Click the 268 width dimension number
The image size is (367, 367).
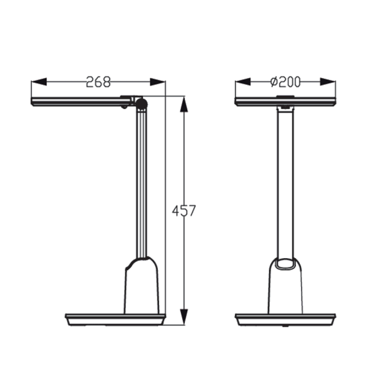[x=98, y=82]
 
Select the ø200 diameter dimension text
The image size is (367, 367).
[x=285, y=82]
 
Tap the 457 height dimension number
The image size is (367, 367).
[x=183, y=211]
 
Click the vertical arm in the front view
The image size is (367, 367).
[x=285, y=183]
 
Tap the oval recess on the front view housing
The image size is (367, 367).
[x=285, y=264]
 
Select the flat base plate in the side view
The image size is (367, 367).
[x=115, y=319]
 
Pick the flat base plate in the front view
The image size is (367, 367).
[x=285, y=319]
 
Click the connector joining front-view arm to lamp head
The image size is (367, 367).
[x=285, y=109]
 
